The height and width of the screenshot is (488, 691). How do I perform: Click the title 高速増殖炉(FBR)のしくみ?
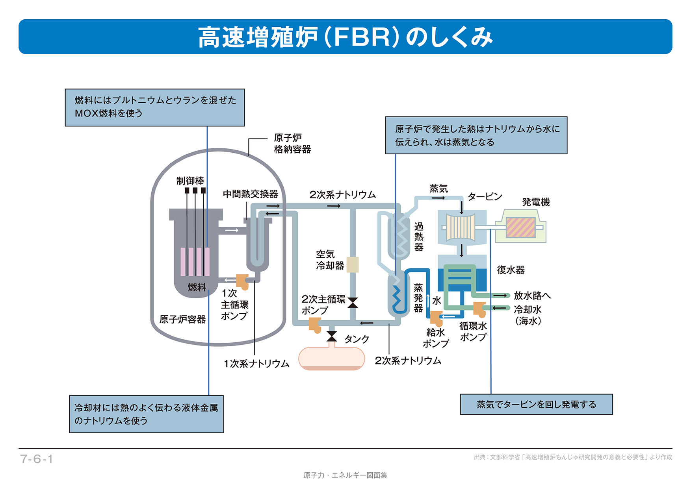coord(345,37)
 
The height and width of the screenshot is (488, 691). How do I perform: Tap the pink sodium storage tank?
coord(331,359)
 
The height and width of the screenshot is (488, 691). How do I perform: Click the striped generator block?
coord(520,227)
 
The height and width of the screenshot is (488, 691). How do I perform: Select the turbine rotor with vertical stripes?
coord(461,227)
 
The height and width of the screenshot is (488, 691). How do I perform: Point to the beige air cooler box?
coord(352,264)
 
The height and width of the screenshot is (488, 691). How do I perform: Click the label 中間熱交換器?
coord(251,194)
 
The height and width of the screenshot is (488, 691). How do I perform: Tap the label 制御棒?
coord(190,181)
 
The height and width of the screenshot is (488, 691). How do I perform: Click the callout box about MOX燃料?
coord(154,107)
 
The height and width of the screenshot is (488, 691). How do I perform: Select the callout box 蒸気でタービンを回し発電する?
coord(536,404)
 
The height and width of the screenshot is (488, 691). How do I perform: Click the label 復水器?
coord(511,270)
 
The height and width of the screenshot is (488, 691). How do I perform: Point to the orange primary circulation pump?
coord(242,281)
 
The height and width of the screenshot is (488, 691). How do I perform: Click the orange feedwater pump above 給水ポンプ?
coord(436,317)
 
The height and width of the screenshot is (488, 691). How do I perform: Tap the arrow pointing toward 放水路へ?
coord(500,296)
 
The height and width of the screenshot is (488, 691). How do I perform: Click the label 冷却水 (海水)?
coord(528,315)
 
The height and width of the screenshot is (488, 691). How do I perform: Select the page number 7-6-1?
coord(36,459)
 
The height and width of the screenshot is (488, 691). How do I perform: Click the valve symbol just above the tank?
coord(332,336)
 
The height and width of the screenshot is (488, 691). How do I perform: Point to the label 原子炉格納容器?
coord(292,144)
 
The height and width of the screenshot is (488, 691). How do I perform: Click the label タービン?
coord(485,197)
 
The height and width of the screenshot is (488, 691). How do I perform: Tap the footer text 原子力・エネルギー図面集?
coord(345,475)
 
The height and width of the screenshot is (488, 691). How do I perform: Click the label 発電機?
coord(536,202)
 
